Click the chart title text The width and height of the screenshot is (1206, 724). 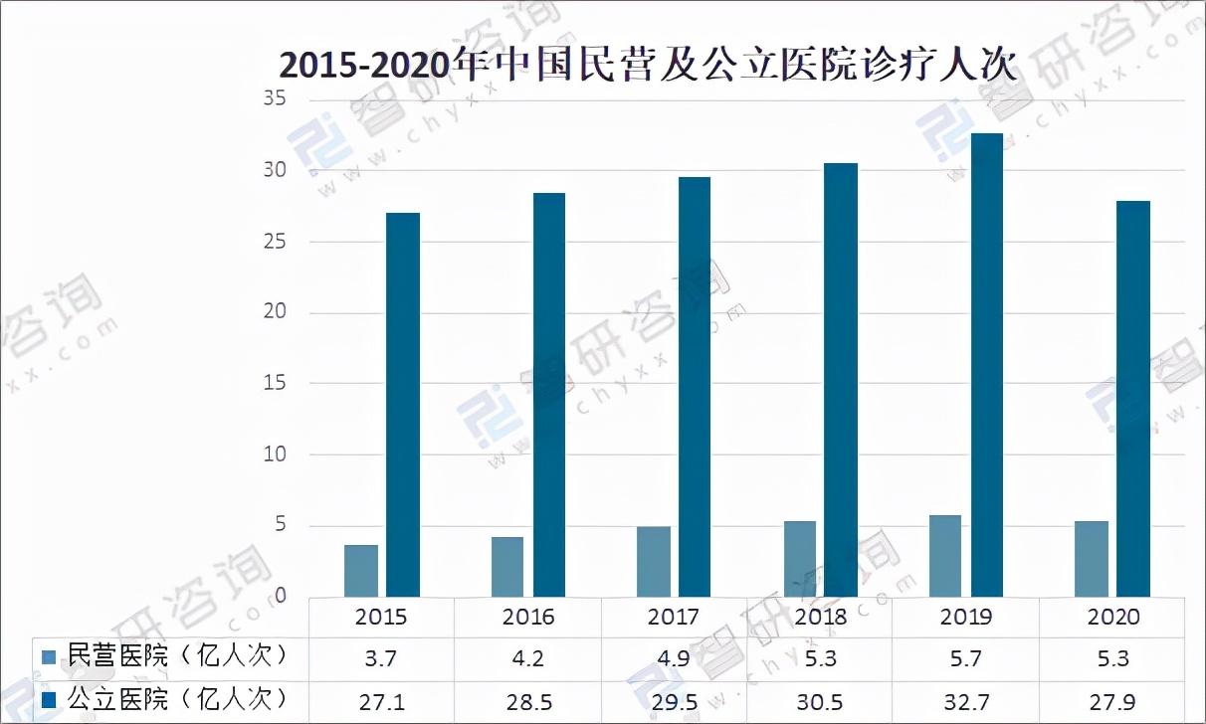647,66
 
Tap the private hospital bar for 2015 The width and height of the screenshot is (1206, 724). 361,571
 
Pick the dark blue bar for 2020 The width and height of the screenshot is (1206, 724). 1132,399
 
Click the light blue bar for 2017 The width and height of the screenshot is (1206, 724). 654,562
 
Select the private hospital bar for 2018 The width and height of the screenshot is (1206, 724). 799,559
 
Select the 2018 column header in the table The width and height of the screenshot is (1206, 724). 820,617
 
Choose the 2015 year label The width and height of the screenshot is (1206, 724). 381,617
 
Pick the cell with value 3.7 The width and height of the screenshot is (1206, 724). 381,658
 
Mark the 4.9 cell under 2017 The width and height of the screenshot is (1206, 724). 674,658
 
